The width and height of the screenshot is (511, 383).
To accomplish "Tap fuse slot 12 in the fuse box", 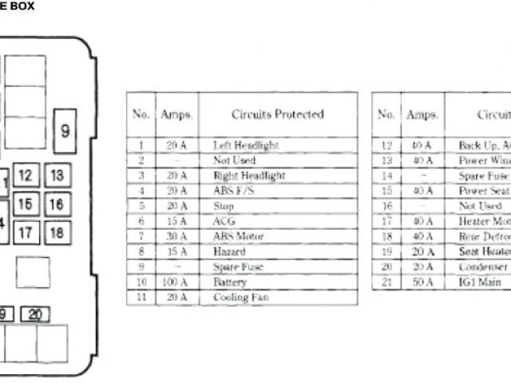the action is point(26,176).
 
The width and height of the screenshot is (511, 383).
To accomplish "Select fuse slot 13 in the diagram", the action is point(56,176).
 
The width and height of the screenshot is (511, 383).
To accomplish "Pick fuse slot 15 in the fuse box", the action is point(26,204).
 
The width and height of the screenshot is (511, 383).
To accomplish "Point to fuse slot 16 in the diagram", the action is point(56,204).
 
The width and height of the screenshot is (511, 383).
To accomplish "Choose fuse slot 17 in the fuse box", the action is point(26,233).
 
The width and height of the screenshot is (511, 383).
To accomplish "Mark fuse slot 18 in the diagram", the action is point(56,233).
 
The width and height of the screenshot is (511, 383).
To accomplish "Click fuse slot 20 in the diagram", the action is point(34,314).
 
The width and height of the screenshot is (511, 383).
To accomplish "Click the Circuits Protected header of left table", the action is point(277,115).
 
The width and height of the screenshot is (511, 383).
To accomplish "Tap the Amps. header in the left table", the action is point(176,115).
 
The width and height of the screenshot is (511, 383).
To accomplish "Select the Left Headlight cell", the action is point(245,146).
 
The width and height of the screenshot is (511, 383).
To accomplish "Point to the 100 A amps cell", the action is point(176,282).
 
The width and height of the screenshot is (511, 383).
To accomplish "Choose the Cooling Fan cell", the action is point(240,297).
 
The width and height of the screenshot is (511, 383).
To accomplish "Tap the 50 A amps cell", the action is point(422,282).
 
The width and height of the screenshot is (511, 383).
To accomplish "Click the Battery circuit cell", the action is point(230,282).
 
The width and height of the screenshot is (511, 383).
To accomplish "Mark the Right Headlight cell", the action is point(248,176).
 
